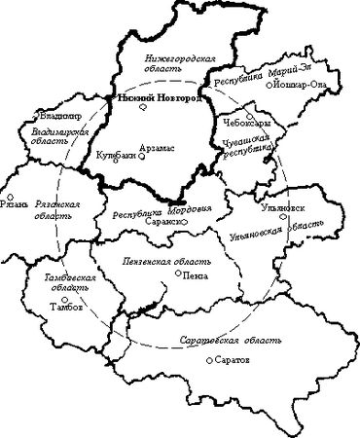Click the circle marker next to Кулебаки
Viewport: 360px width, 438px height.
click(116, 161)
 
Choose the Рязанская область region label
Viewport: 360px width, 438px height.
click(55, 210)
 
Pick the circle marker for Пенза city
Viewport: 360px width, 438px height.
click(175, 274)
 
